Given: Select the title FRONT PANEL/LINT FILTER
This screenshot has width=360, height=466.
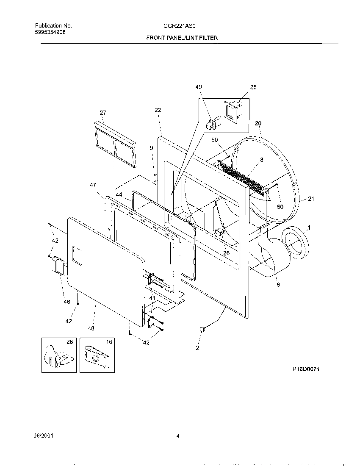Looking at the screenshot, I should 182,38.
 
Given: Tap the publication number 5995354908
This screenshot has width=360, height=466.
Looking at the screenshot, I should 50,32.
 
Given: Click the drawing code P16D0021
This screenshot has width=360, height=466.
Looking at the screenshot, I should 305,369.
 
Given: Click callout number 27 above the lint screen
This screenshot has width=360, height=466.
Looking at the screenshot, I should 103,113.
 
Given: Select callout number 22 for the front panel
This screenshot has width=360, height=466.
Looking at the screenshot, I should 158,110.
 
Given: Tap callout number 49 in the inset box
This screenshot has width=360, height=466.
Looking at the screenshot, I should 199,87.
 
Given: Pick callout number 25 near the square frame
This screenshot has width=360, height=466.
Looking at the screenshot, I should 253,87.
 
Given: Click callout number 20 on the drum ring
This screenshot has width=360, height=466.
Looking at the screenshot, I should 258,123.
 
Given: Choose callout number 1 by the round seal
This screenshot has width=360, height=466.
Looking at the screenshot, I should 309,228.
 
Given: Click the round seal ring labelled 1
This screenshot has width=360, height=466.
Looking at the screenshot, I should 296,245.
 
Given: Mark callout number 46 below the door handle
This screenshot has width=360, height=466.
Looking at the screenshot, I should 66,302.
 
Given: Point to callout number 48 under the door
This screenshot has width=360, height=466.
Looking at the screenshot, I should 91,328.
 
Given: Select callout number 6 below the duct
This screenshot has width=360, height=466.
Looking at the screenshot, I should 278,285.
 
